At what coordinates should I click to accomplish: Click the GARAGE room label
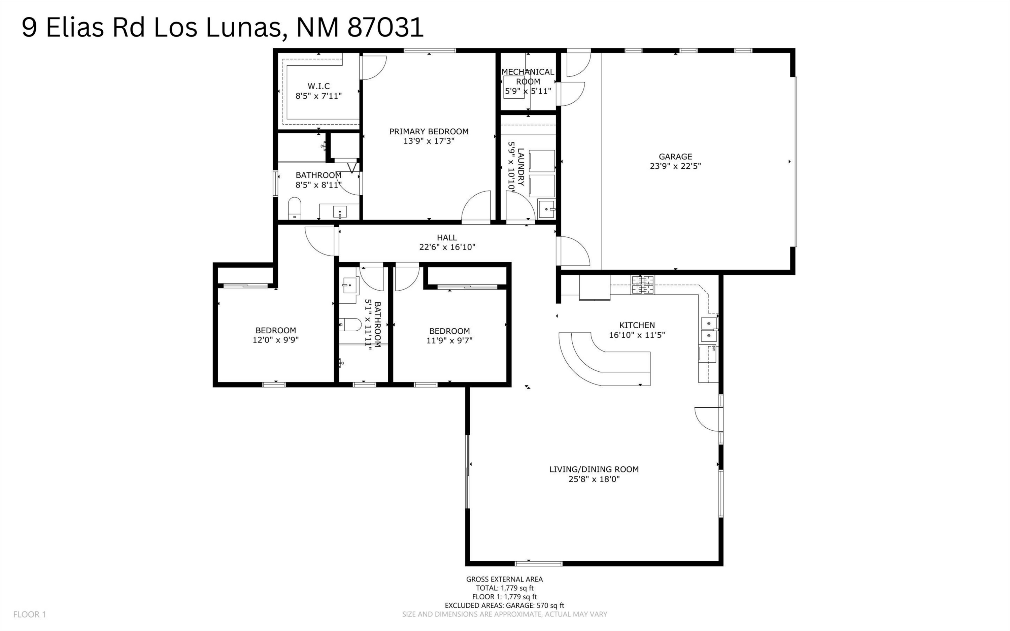coord(675,157)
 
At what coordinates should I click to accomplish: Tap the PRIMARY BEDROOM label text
coord(429,131)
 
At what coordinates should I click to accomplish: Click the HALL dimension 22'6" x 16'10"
coord(447,247)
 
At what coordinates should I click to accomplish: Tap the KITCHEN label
coord(637,325)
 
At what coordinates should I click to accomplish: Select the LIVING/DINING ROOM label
coord(594,469)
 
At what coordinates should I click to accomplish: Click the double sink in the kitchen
coord(708,329)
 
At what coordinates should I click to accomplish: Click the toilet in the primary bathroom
coord(295,208)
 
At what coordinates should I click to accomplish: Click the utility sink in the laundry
coord(546,209)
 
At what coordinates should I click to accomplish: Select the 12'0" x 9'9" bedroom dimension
coord(275,340)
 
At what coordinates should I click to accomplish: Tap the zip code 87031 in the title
coord(385,28)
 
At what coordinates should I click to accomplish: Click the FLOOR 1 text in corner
coord(30,614)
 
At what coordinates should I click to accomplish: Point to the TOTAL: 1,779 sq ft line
coord(504,588)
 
